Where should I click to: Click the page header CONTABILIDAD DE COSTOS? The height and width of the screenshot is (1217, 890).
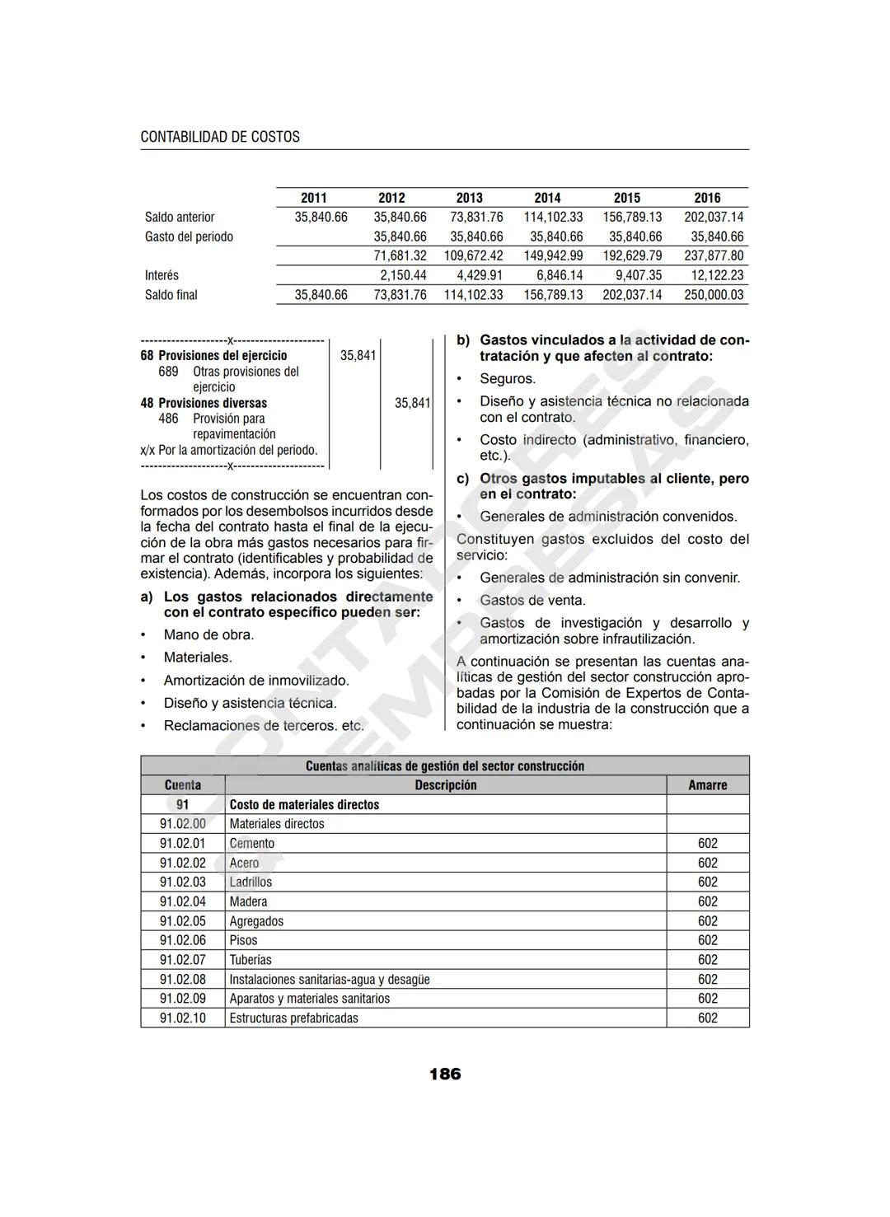click(220, 137)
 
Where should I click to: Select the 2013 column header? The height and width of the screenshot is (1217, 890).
click(469, 198)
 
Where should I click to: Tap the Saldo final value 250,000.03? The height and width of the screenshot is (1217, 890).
click(713, 295)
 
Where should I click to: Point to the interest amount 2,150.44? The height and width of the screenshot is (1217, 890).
click(403, 275)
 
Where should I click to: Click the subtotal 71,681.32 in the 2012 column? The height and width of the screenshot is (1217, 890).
click(400, 255)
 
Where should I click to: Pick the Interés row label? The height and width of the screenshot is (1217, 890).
click(162, 275)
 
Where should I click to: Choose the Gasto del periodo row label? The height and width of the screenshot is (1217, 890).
click(189, 236)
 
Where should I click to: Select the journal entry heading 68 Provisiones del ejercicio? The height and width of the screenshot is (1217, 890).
click(213, 355)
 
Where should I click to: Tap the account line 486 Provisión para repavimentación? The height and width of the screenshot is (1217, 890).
click(218, 426)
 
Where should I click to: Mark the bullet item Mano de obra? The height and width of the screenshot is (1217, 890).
click(208, 634)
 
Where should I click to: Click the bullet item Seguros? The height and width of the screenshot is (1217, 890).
click(507, 379)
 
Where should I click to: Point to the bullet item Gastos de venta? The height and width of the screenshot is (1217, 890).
click(532, 601)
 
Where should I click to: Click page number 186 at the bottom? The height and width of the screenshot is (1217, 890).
click(445, 1074)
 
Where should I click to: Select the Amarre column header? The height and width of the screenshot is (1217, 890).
click(707, 785)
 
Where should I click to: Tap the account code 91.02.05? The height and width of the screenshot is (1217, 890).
click(182, 921)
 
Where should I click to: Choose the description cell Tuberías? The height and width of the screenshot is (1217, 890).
click(250, 960)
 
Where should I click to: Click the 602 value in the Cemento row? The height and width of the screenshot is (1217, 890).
click(707, 843)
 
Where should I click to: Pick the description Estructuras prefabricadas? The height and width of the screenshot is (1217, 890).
click(293, 1018)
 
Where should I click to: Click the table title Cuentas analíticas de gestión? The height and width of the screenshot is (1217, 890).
click(445, 765)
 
